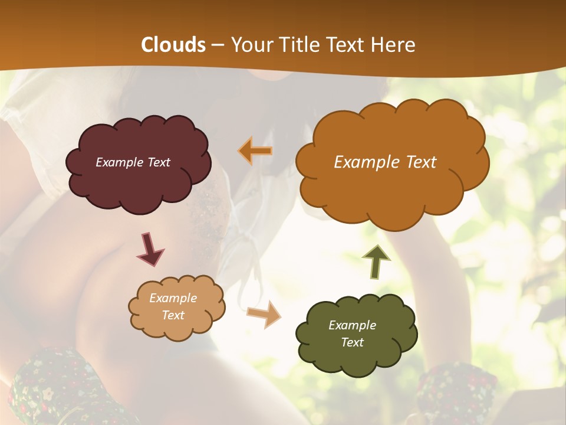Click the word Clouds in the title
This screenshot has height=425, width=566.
click(173, 45)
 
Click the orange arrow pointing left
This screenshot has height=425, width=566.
click(255, 151)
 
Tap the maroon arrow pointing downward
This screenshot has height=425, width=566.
click(150, 248)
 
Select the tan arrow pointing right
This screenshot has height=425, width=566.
click(265, 315)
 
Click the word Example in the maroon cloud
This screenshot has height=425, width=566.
click(119, 162)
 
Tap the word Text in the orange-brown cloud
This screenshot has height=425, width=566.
click(417, 162)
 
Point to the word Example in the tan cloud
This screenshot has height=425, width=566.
click(173, 298)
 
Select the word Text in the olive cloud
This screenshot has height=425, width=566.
click(352, 342)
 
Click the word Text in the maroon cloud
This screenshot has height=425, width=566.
click(157, 162)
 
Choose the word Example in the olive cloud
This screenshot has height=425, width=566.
click(352, 325)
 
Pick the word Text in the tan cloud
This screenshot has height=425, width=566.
click(173, 315)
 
